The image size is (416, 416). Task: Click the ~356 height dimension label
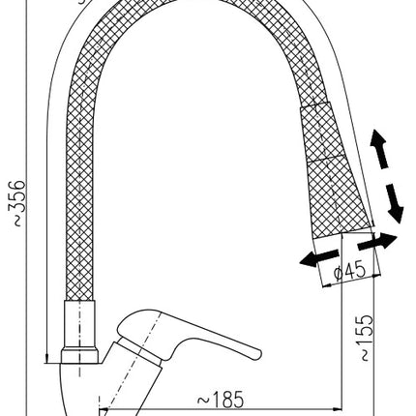click(x=16, y=203)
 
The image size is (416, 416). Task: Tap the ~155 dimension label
click(x=366, y=338)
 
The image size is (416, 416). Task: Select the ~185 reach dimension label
click(x=221, y=401)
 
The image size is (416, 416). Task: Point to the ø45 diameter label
click(x=350, y=271)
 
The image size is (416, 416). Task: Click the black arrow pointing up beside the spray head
click(x=379, y=148)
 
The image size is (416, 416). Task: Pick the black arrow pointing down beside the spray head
click(x=394, y=204)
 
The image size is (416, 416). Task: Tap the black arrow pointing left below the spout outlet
click(x=319, y=257)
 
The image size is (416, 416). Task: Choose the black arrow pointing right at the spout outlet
click(x=377, y=242)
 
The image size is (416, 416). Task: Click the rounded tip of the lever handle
click(x=257, y=354)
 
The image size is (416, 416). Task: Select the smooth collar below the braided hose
click(x=79, y=324)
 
